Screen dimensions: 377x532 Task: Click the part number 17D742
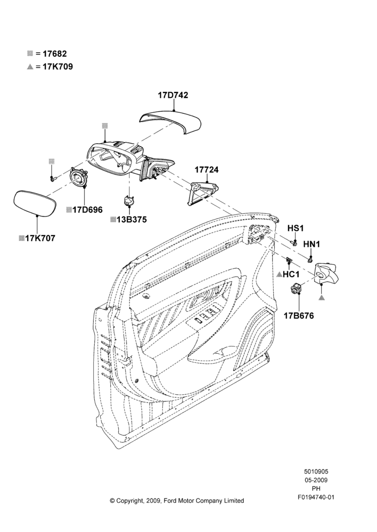[x=173, y=95]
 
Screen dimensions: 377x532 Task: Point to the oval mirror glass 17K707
[x=34, y=203]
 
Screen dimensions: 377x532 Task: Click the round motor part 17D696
[x=78, y=178]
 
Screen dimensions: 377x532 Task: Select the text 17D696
[x=87, y=210]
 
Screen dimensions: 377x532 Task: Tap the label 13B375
[x=132, y=220]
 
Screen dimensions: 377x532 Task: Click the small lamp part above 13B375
[x=128, y=201]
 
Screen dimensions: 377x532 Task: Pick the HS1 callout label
[x=295, y=228]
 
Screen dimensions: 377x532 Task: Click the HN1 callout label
[x=312, y=244]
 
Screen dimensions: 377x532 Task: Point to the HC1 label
[x=291, y=274]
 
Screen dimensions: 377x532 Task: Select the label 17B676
[x=299, y=315]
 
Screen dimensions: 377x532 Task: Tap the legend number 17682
[x=55, y=54]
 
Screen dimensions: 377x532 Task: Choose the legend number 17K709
[x=58, y=66]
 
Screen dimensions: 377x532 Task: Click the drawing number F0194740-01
[x=316, y=497]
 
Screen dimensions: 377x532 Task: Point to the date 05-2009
[x=316, y=480]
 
